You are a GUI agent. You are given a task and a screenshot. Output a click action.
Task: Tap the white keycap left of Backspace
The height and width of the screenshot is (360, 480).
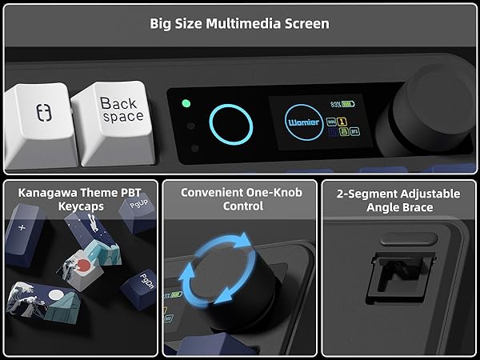36,120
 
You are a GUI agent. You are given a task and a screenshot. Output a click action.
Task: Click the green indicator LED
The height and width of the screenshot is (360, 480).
186,103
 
